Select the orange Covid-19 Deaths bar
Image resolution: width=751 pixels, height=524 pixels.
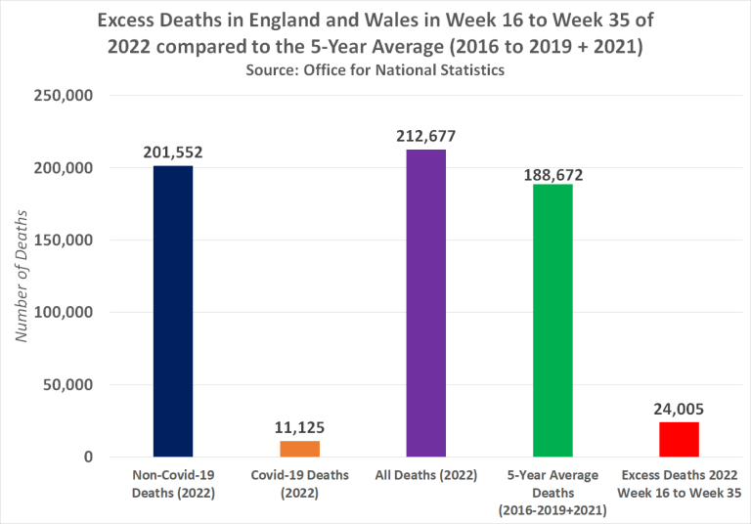pos(299,449)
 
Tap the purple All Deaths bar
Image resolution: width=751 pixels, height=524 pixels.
pos(426,303)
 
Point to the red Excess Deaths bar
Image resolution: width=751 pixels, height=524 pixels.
pos(679,440)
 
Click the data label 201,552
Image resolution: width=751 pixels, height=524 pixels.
pos(173,153)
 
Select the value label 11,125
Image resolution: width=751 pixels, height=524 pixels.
pos(299,427)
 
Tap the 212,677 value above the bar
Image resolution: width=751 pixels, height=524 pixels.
pos(426,136)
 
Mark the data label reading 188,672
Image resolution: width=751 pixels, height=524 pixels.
pos(552,171)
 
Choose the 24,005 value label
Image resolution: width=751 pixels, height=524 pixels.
pos(679,410)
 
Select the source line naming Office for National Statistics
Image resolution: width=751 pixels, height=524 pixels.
pos(375,70)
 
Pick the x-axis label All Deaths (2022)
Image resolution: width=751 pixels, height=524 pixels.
pos(426,476)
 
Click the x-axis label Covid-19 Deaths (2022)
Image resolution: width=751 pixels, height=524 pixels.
pos(299,484)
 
